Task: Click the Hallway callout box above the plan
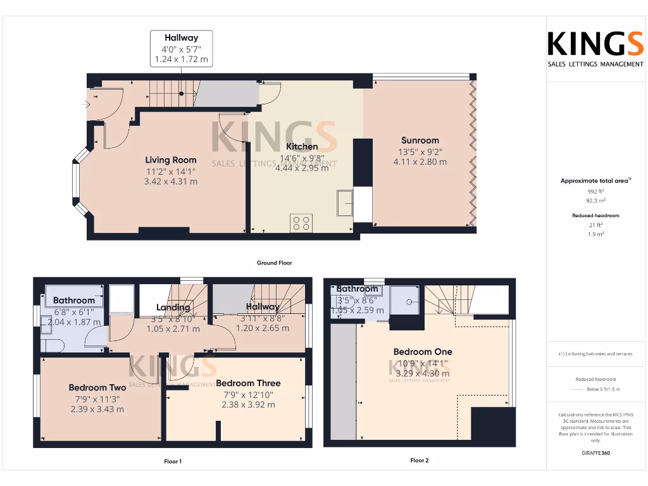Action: [x=181, y=49]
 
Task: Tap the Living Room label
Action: [x=171, y=160]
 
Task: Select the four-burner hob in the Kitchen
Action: [x=301, y=223]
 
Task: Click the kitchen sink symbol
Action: [x=345, y=203]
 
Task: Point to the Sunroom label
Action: [x=420, y=140]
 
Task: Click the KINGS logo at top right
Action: [x=595, y=45]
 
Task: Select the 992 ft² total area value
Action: [x=595, y=190]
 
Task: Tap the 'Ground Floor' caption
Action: [x=274, y=263]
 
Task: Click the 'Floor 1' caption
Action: [x=173, y=461]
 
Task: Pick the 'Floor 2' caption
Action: [x=419, y=461]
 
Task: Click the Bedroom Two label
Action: [x=97, y=387]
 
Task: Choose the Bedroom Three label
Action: [x=248, y=383]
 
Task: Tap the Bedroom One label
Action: [x=423, y=352]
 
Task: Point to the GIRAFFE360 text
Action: [x=595, y=453]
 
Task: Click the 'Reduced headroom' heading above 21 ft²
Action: [x=595, y=216]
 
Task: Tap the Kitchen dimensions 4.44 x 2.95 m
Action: [x=302, y=168]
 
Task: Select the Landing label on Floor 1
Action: [x=173, y=308]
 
